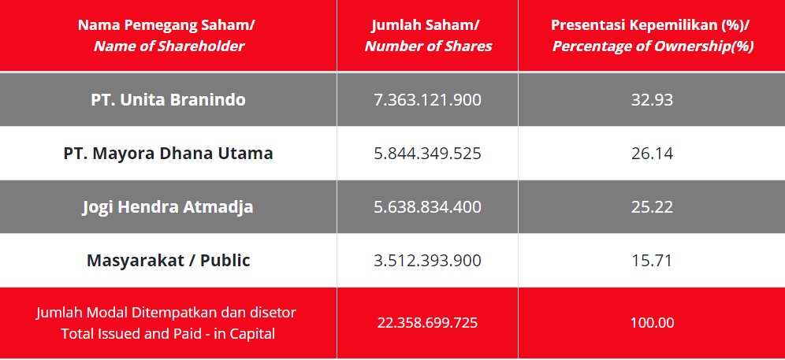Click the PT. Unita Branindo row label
tap(168, 100)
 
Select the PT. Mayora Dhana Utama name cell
tap(168, 154)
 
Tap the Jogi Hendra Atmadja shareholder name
tap(168, 207)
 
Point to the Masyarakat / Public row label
tap(168, 261)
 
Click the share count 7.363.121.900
tap(427, 100)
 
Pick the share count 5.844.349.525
tap(427, 154)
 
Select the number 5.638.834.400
tap(427, 207)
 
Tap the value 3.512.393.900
tap(427, 261)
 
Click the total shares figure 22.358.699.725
tap(427, 323)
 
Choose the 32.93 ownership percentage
tap(652, 100)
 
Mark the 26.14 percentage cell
tap(652, 154)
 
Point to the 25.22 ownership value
tap(652, 207)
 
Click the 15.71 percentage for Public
tap(652, 261)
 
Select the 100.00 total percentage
tap(652, 323)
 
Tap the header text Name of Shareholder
tap(169, 46)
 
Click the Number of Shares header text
tap(428, 46)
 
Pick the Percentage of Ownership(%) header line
tap(652, 46)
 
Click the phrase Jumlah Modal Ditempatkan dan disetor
tap(166, 313)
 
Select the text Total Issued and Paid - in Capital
tap(168, 334)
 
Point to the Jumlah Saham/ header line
tap(428, 24)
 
